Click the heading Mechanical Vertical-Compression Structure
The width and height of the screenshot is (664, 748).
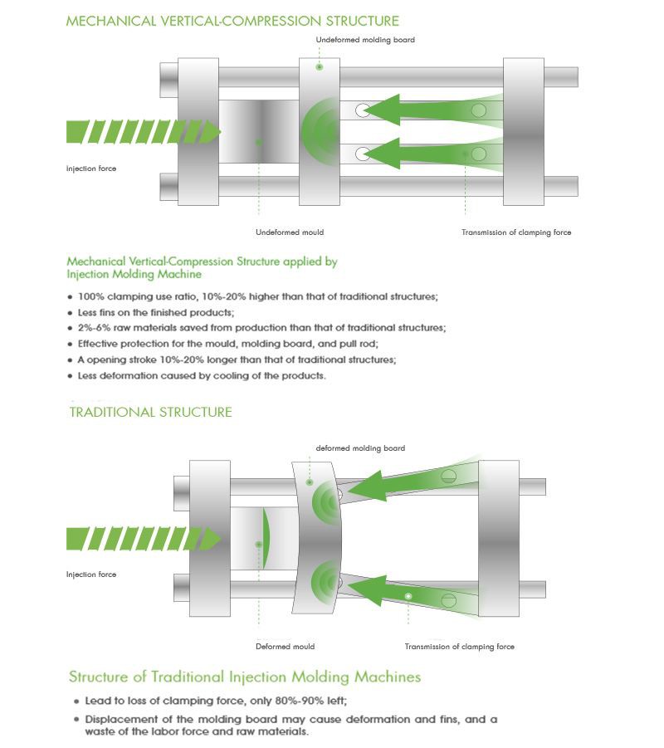(x=232, y=20)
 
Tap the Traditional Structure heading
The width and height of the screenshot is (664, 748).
(x=150, y=412)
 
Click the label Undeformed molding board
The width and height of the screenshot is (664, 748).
(x=365, y=40)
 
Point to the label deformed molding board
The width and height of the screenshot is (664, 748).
(x=360, y=448)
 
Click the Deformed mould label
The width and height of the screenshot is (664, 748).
(x=285, y=646)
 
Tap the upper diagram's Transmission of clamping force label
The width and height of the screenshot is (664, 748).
(x=516, y=232)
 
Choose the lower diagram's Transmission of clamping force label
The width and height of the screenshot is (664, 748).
(x=459, y=646)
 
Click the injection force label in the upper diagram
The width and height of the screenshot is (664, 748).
(x=91, y=169)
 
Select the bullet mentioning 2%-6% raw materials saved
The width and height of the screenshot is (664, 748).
(x=261, y=328)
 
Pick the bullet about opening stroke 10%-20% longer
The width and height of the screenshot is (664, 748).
(x=237, y=359)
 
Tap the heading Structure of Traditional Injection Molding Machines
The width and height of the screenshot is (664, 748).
(x=244, y=677)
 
